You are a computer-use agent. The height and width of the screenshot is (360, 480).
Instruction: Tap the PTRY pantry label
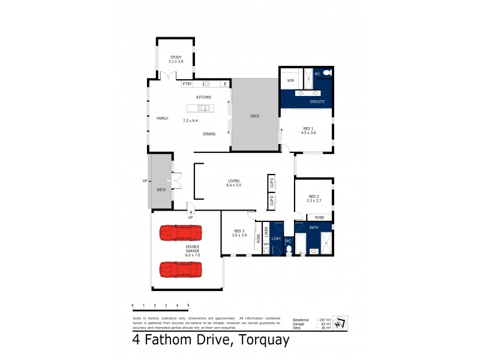(187, 84)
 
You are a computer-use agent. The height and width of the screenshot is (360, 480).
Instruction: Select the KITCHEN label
(203, 97)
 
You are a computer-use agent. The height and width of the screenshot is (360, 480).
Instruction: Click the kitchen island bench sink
(204, 109)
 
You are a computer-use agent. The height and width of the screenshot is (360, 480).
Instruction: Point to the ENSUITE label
(317, 102)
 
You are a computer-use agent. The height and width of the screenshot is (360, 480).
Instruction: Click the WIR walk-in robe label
(290, 80)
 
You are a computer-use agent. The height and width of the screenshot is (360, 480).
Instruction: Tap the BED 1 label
(308, 128)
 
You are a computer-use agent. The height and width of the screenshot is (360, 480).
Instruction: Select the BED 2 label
(314, 196)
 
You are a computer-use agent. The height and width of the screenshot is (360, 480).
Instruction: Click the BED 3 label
(239, 231)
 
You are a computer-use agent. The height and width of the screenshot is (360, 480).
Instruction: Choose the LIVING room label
(233, 181)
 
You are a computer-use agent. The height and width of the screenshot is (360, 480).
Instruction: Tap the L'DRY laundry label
(276, 239)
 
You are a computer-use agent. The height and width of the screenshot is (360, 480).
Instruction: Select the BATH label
(313, 227)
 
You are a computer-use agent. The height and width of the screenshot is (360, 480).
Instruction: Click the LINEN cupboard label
(266, 231)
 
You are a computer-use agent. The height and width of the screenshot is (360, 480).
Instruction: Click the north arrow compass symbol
(339, 322)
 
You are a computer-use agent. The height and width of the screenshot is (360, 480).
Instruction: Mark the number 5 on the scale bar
(188, 305)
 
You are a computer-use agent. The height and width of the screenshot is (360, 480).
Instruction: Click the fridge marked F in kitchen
(226, 84)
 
